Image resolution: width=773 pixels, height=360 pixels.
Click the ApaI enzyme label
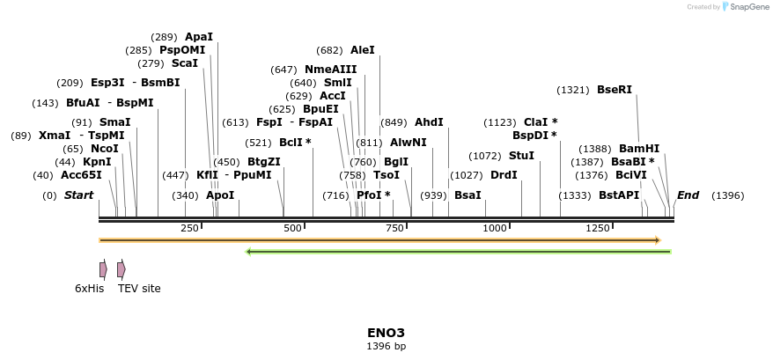(x=198, y=37)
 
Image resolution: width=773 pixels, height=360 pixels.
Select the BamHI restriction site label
(x=639, y=149)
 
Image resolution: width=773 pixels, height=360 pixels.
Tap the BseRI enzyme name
(x=615, y=90)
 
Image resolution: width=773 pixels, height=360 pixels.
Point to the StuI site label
(x=522, y=156)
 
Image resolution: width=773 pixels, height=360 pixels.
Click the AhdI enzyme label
(x=429, y=122)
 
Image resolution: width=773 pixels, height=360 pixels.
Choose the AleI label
(x=362, y=50)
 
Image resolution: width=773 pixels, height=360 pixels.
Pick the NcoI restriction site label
(x=105, y=149)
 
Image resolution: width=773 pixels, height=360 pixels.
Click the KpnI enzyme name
(x=97, y=162)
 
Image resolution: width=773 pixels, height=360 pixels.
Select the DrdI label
(x=504, y=175)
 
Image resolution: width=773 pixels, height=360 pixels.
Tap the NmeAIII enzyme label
(x=331, y=70)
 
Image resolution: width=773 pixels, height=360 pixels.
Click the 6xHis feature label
(x=90, y=289)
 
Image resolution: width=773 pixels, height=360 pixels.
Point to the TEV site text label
(x=139, y=289)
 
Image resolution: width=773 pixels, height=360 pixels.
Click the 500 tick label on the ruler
(x=292, y=229)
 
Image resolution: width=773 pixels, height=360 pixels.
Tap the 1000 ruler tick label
(x=495, y=229)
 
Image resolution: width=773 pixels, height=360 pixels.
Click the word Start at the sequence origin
(x=78, y=195)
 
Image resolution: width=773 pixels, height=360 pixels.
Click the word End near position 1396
(x=688, y=195)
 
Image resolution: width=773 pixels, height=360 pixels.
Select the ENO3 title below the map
(x=386, y=333)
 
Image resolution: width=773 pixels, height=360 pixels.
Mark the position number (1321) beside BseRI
(x=574, y=90)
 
